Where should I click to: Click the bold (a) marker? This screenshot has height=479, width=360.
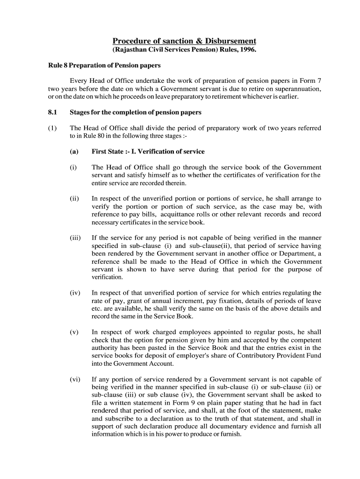[x=74, y=152]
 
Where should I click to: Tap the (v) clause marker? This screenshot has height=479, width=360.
[x=74, y=332]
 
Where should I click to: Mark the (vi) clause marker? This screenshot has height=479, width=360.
[x=75, y=379]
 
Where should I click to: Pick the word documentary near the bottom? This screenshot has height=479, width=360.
[x=223, y=426]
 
